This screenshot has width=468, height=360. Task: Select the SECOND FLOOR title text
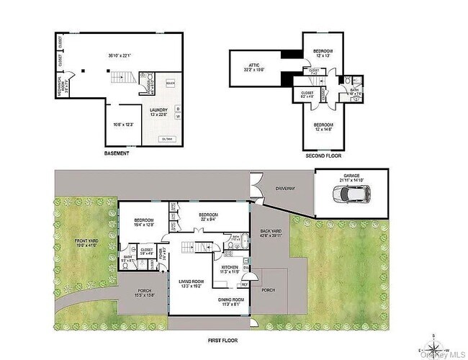pyautogui.click(x=323, y=155)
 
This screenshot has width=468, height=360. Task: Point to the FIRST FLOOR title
pyautogui.click(x=221, y=340)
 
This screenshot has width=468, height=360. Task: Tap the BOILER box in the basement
pyautogui.click(x=170, y=83)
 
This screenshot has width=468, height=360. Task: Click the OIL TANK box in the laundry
pyautogui.click(x=168, y=138)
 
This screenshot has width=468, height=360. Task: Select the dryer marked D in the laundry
pyautogui.click(x=178, y=109)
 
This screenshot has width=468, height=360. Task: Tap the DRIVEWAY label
pyautogui.click(x=287, y=187)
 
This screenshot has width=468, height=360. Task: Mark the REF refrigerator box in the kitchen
pyautogui.click(x=244, y=284)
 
